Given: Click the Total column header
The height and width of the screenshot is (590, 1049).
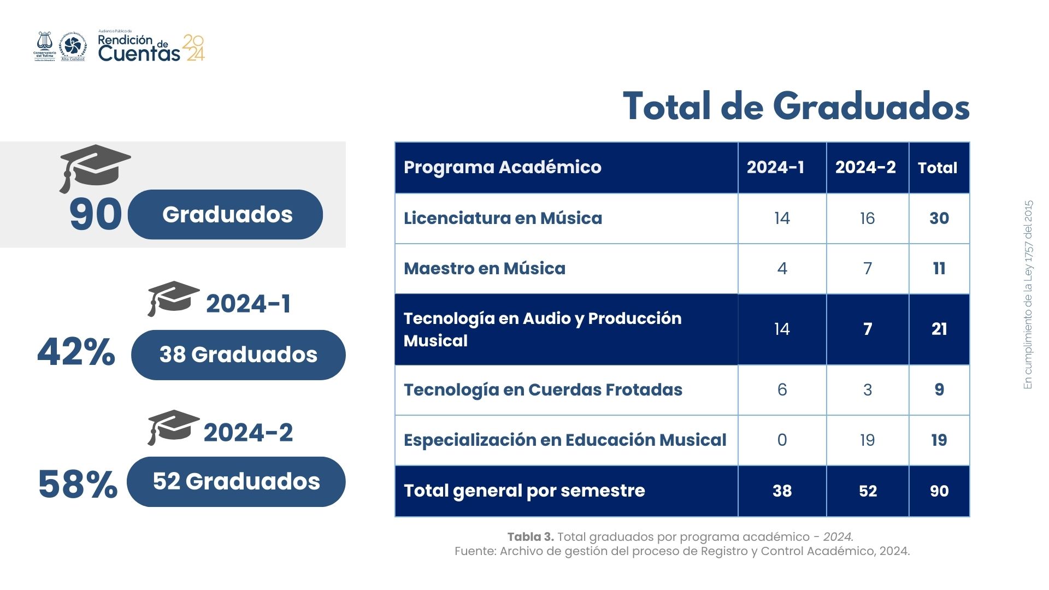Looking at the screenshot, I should click(938, 168).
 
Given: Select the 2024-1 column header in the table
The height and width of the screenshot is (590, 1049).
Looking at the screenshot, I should click(775, 167).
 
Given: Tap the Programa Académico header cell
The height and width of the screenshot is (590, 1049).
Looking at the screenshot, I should click(502, 167).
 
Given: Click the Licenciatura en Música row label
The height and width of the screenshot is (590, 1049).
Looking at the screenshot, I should click(503, 218).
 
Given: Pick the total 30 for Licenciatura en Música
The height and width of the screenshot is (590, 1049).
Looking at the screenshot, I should click(939, 218).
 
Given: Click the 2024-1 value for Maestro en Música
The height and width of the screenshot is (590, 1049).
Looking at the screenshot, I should click(782, 268).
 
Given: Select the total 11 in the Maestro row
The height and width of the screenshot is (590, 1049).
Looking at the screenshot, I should click(939, 268).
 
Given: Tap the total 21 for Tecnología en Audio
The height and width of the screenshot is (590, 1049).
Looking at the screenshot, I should click(939, 329).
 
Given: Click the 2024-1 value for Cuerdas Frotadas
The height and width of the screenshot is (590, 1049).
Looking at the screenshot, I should click(782, 390).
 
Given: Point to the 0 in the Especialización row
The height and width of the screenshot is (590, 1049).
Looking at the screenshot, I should click(782, 440).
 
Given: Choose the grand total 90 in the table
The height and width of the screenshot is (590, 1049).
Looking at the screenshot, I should click(939, 491).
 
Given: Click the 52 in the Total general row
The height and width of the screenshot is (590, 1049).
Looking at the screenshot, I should click(868, 491).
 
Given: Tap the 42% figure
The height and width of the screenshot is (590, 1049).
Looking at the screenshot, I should click(76, 352).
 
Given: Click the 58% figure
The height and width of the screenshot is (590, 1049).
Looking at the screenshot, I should click(78, 484).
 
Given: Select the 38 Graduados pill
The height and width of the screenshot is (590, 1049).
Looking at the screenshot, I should click(238, 355).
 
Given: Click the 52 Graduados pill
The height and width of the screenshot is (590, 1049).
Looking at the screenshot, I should click(236, 481).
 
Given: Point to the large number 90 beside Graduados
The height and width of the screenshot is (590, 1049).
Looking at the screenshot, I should click(96, 214).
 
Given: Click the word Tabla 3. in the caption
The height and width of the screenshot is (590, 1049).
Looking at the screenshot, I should click(530, 537).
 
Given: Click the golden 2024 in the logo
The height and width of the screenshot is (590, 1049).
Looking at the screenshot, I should click(194, 48).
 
